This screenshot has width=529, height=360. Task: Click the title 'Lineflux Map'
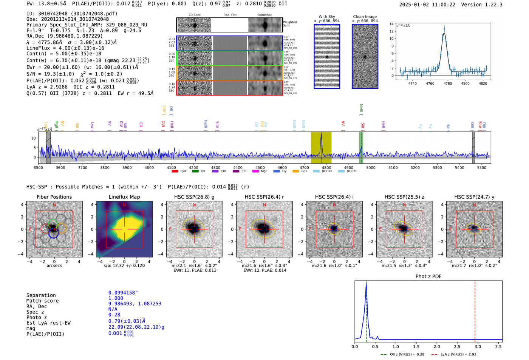click(x=124, y=197)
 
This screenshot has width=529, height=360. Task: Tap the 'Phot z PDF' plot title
click(x=428, y=277)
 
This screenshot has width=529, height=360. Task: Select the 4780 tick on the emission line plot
click(x=448, y=83)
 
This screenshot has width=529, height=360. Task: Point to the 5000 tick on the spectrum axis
click(x=371, y=168)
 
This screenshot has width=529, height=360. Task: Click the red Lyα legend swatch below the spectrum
click(x=175, y=172)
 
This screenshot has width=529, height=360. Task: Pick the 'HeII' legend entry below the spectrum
click(x=304, y=172)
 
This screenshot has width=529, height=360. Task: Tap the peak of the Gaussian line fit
click(x=444, y=33)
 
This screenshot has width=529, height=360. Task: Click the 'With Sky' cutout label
click(x=326, y=17)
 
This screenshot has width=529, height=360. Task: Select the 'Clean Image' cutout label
click(x=365, y=17)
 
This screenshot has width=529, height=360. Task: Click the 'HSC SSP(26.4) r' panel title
click(x=264, y=197)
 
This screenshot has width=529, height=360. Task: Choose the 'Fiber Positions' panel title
click(x=54, y=197)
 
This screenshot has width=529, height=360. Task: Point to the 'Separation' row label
click(x=41, y=295)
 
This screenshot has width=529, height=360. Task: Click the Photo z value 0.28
click(x=114, y=315)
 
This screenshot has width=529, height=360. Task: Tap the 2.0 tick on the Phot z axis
click(x=436, y=346)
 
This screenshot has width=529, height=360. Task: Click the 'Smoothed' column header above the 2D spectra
click(x=264, y=15)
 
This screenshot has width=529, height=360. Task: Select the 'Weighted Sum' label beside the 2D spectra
click(x=290, y=23)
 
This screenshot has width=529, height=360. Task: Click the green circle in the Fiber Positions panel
click(x=53, y=223)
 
